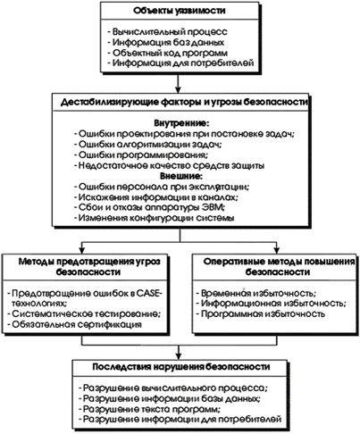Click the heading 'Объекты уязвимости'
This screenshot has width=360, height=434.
(180, 11)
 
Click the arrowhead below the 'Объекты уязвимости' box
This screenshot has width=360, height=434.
(178, 89)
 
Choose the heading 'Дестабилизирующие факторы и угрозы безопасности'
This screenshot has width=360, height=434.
(184, 102)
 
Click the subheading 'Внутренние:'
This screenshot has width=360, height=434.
(181, 123)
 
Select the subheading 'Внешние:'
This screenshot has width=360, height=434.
(181, 176)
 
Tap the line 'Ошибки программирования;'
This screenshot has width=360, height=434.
(141, 154)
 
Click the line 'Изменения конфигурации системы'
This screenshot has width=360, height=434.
(155, 218)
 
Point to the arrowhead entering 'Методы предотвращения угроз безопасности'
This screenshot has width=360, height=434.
(82, 249)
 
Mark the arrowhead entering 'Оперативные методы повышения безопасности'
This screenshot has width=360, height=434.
(277, 249)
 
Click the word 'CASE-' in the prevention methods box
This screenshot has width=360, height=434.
(149, 293)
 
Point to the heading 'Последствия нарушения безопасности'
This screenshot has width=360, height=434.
(181, 367)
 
